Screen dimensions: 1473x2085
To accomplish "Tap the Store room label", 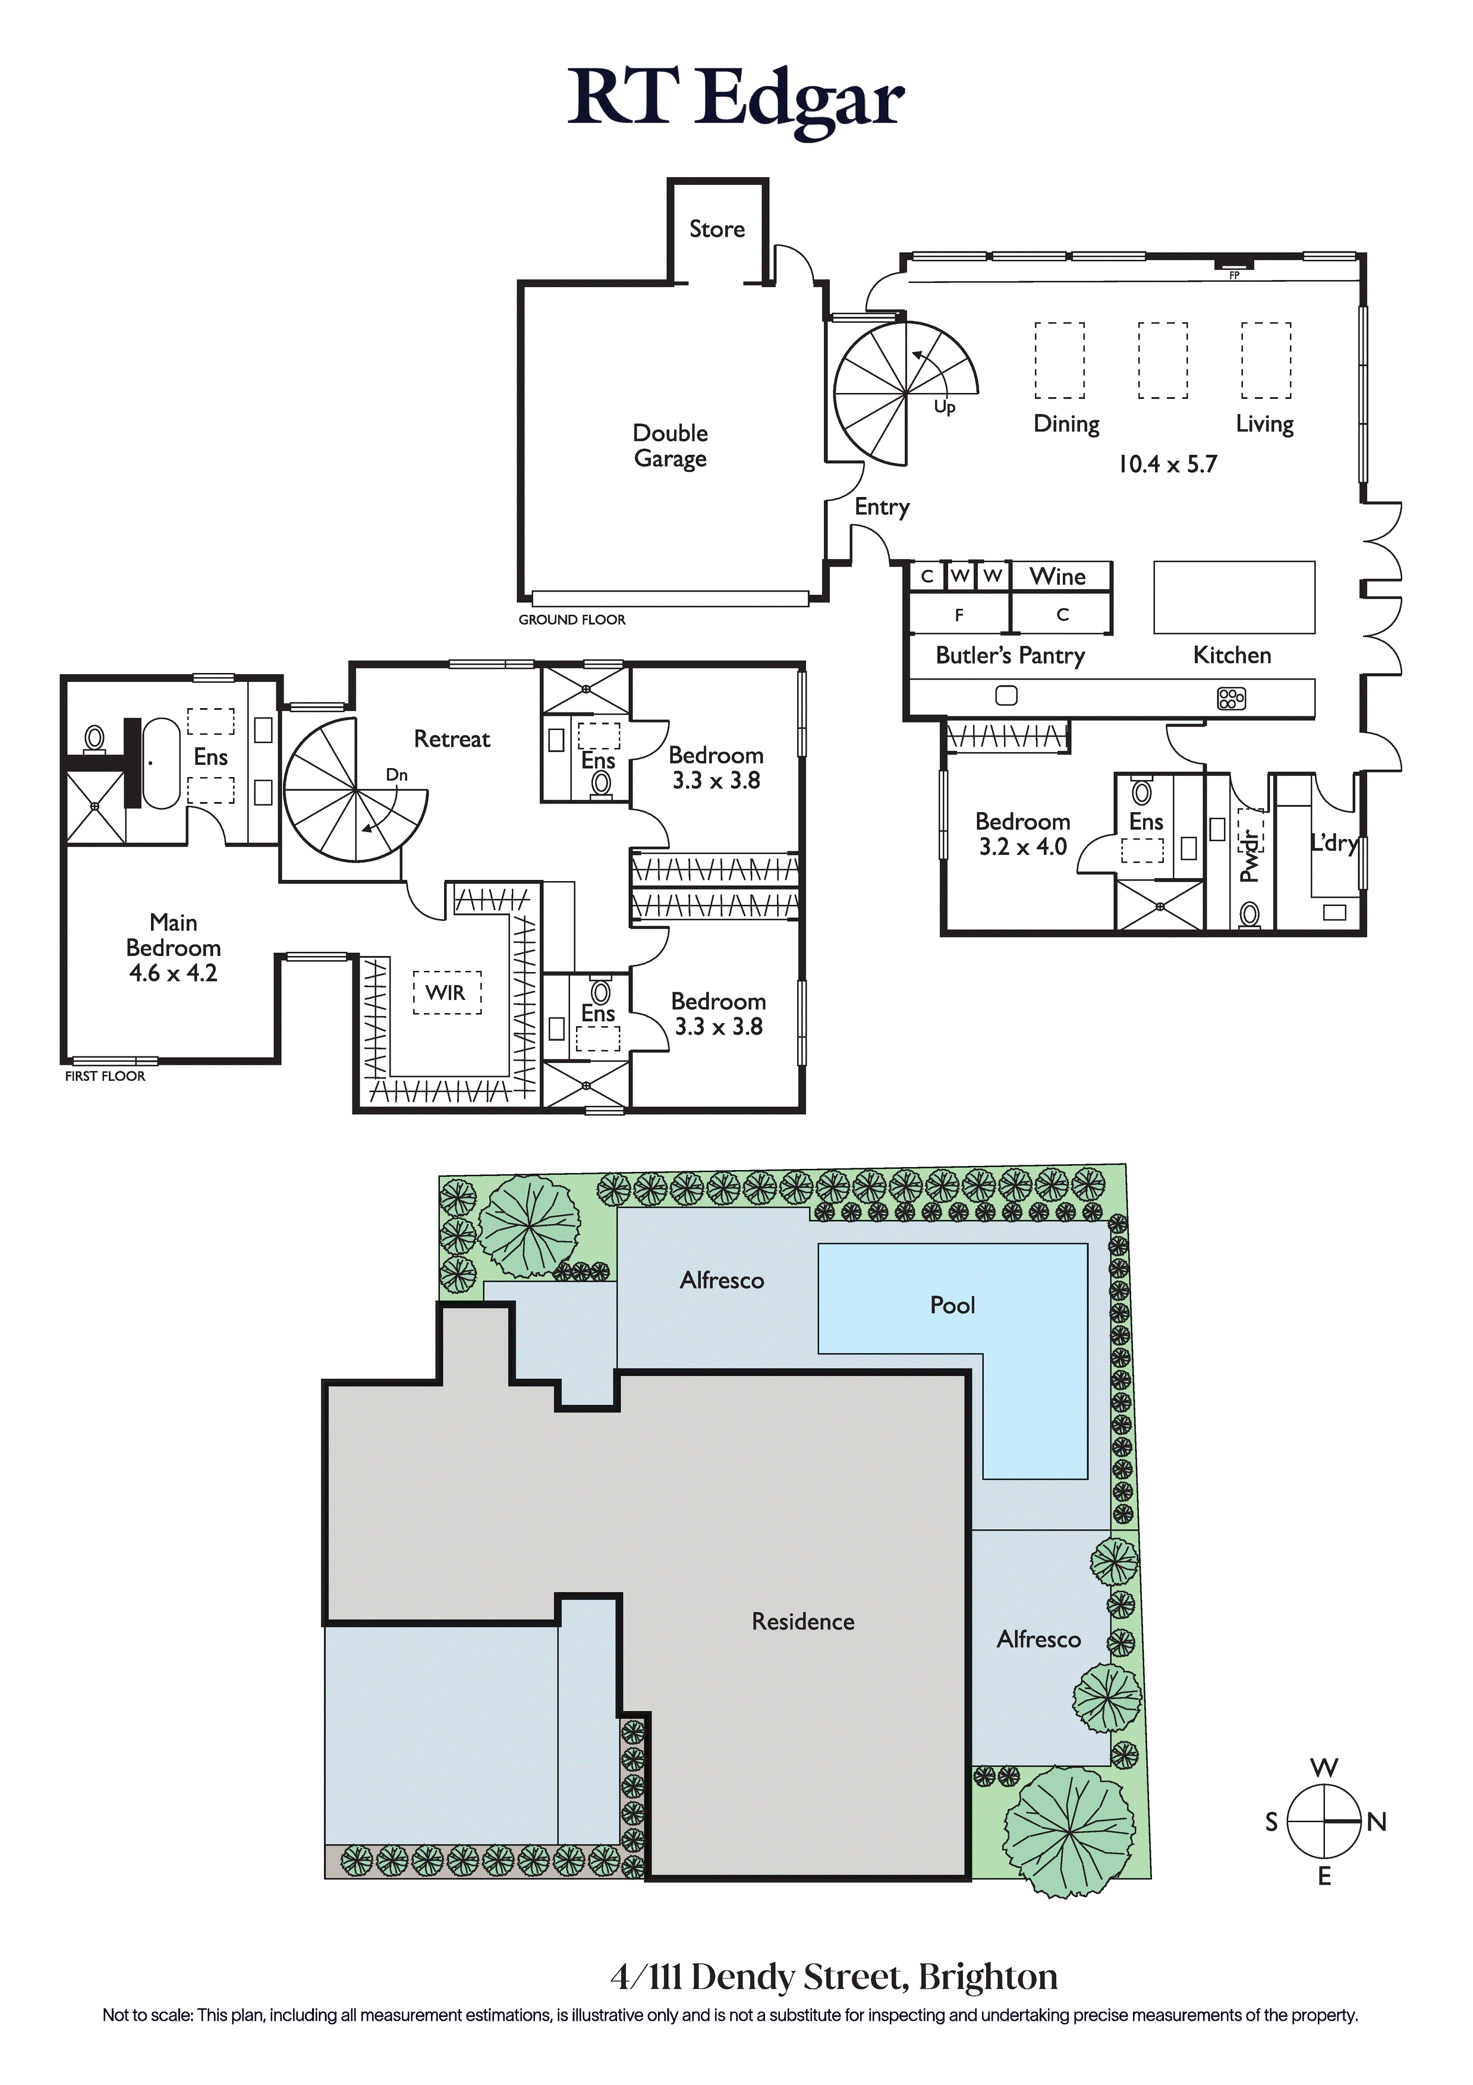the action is pyautogui.click(x=716, y=229).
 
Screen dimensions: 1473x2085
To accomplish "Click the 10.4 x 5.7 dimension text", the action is pyautogui.click(x=1167, y=464).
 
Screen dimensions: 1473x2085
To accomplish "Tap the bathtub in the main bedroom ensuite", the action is pyautogui.click(x=162, y=764).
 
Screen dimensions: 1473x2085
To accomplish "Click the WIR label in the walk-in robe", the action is pyautogui.click(x=445, y=992).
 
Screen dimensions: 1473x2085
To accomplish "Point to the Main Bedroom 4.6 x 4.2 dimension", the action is pyautogui.click(x=174, y=973).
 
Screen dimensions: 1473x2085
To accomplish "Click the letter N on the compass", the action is pyautogui.click(x=1377, y=1822).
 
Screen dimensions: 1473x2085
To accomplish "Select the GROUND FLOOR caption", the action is pyautogui.click(x=572, y=619).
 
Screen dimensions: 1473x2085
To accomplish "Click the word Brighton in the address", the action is pyautogui.click(x=988, y=1977).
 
